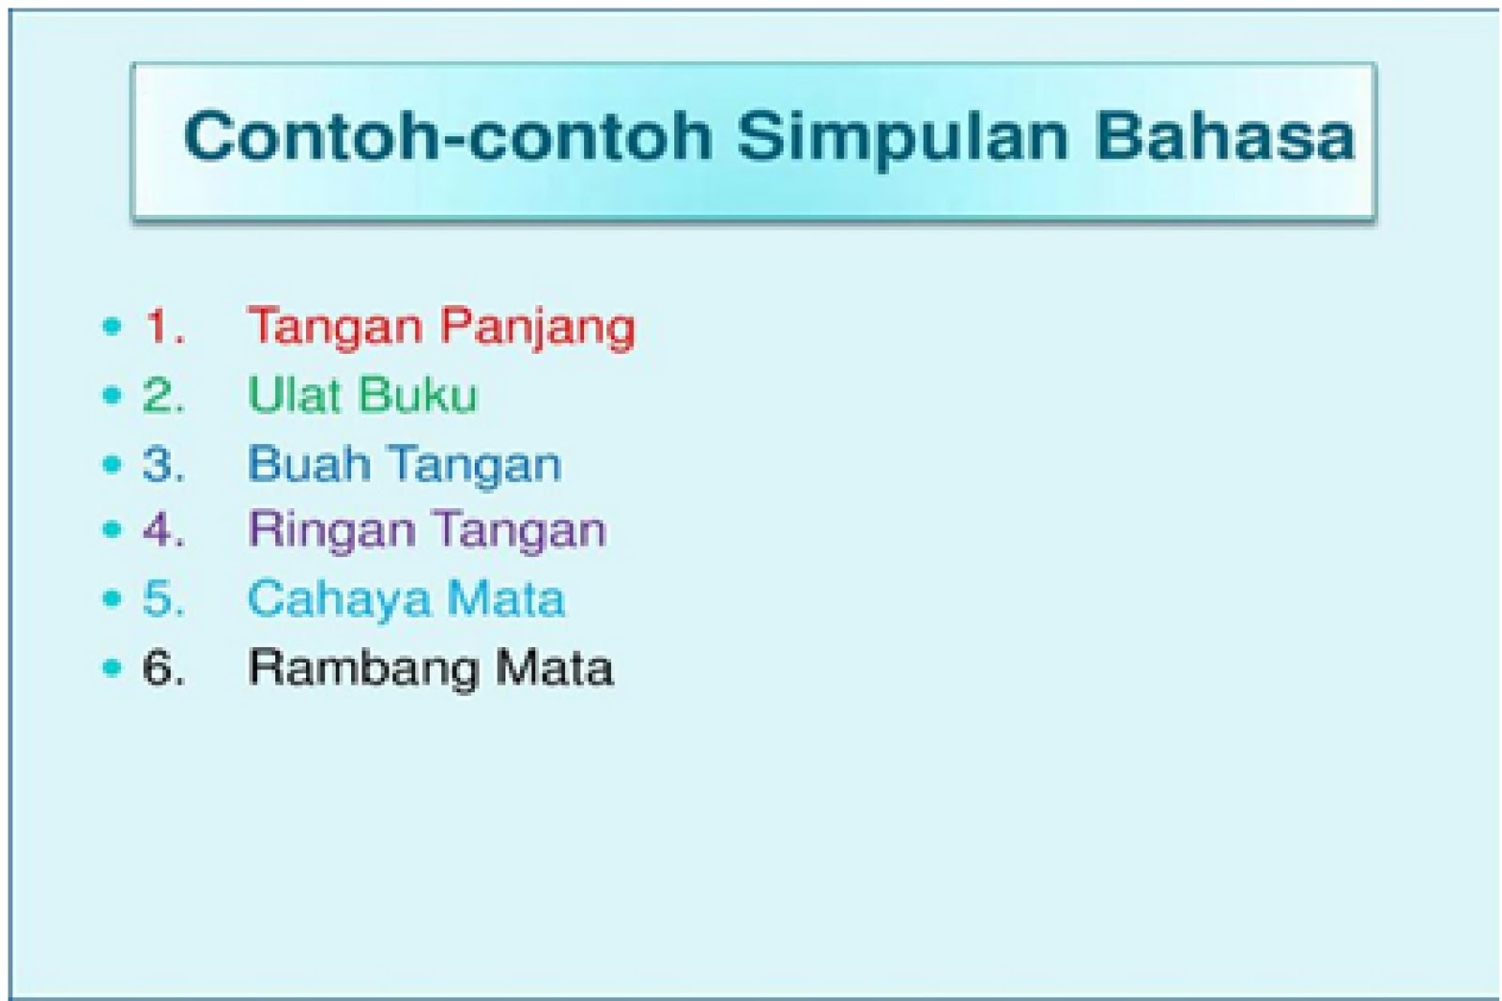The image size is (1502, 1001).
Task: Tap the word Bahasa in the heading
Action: click(x=1225, y=136)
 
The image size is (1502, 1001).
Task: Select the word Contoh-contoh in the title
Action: click(x=448, y=136)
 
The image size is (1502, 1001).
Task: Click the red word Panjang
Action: click(x=537, y=329)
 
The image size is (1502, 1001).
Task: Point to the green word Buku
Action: click(x=419, y=393)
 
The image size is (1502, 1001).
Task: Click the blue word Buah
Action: click(x=309, y=463)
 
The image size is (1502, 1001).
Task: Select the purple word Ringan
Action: click(x=332, y=532)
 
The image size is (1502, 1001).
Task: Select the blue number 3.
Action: click(x=163, y=463)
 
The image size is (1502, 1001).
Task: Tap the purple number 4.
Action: click(x=163, y=530)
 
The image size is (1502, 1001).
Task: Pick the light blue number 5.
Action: click(x=163, y=597)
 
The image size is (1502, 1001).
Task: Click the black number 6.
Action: click(x=163, y=668)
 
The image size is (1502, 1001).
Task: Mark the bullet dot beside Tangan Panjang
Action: click(x=112, y=326)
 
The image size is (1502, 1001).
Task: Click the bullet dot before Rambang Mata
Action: click(x=112, y=668)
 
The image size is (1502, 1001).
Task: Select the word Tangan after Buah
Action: click(x=475, y=466)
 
